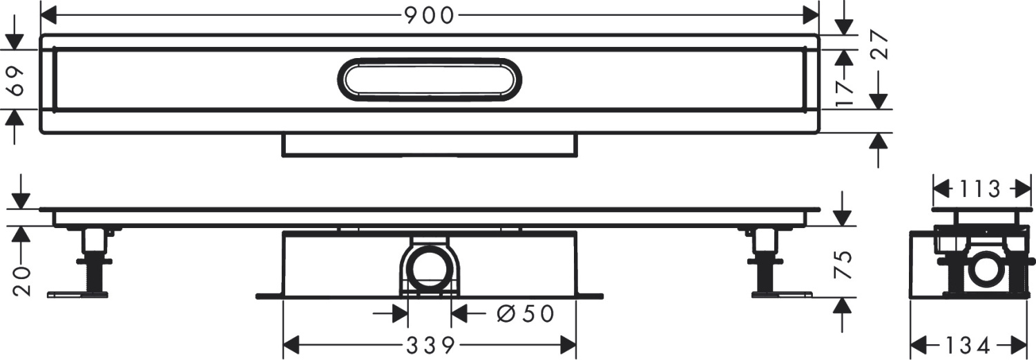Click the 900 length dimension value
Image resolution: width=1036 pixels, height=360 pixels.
tap(429, 15)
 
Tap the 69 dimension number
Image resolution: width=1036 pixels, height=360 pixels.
tap(19, 80)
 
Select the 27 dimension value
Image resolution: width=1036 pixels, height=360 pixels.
tap(878, 46)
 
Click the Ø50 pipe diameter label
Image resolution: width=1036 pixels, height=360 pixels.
tap(526, 314)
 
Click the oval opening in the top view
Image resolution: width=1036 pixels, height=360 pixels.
tap(429, 79)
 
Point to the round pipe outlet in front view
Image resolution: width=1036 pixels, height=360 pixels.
tap(429, 268)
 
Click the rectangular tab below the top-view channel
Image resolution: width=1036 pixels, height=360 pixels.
tap(429, 145)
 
